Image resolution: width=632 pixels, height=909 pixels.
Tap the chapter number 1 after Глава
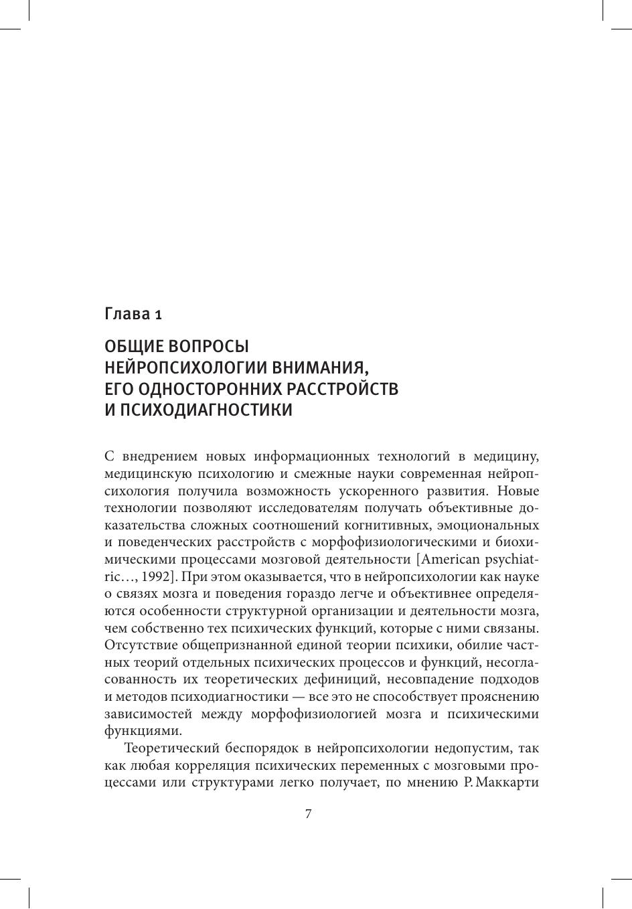158,314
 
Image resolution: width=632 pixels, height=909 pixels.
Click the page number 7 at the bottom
308,814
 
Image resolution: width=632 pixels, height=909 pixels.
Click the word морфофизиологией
309,714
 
